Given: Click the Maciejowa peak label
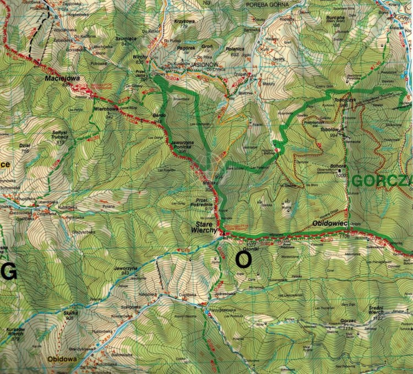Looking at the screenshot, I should (x=62, y=79).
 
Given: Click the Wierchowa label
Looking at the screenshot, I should (x=107, y=109).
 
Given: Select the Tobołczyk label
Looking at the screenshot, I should (x=344, y=100).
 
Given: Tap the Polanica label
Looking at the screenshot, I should (x=235, y=48).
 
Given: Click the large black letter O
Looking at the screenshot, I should (x=242, y=259).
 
